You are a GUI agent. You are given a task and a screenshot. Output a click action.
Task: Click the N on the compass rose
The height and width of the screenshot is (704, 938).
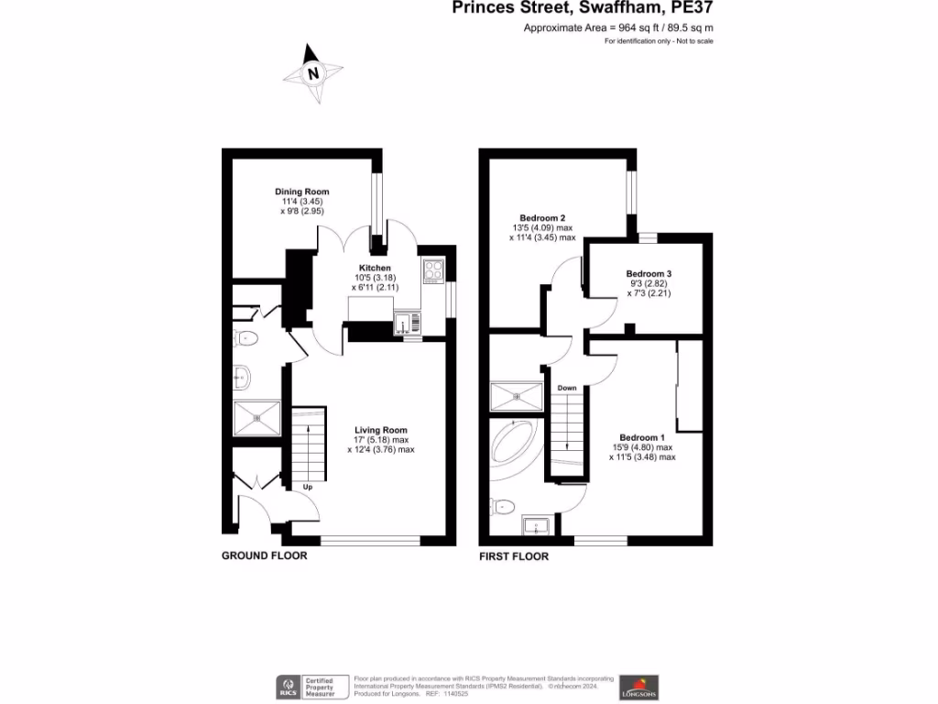313,73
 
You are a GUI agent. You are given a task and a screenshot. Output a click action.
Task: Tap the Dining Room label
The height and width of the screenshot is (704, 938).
301,192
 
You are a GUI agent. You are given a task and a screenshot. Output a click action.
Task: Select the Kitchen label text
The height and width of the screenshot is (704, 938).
375,268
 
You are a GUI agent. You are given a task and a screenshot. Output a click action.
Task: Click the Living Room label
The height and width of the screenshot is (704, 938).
381,429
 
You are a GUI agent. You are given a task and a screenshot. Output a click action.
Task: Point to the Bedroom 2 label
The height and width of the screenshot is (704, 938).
542,218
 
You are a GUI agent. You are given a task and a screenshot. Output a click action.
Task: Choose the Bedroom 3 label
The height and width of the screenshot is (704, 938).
649,273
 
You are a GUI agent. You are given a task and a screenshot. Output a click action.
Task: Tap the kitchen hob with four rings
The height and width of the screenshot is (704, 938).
432,271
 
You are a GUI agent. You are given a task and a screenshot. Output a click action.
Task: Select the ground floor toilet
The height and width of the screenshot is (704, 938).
246,338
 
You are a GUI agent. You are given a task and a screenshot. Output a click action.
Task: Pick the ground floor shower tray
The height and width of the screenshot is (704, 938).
257,417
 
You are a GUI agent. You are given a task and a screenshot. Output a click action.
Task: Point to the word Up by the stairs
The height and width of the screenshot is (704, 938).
308,487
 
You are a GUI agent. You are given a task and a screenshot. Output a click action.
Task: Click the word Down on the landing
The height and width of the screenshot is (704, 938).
567,389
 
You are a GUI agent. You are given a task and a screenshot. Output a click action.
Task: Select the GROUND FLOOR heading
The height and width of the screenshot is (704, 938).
265,556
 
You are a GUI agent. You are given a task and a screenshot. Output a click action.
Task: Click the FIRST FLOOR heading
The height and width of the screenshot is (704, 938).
514,556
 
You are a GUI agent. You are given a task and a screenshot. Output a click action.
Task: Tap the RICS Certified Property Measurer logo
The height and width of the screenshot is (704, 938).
313,687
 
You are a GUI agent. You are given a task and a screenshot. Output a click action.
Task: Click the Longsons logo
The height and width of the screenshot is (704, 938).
638,686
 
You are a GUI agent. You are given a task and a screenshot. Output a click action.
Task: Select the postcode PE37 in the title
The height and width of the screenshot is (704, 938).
690,8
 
